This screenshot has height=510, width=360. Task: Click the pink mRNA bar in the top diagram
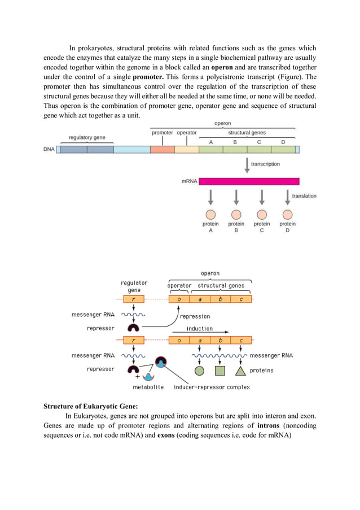point(249,181)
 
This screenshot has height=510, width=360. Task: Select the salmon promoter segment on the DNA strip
point(163,150)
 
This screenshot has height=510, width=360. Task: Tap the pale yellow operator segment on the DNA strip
point(187,150)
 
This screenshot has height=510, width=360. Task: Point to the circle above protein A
point(210,215)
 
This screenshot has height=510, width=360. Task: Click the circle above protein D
point(287,215)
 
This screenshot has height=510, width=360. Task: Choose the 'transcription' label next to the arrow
point(265,164)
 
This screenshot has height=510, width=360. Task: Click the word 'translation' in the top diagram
point(304,196)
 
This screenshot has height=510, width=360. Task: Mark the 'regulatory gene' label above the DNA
point(87,137)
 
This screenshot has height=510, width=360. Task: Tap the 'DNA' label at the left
point(49,150)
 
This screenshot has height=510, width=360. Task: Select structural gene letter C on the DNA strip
point(259,142)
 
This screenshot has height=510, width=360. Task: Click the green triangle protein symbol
point(240,371)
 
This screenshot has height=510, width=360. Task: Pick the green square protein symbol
point(220,371)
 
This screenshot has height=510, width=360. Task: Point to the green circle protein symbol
point(199,371)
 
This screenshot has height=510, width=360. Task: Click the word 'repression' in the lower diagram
point(195,316)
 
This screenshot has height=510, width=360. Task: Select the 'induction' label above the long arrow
point(200,328)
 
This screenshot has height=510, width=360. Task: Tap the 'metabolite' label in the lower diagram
point(148,387)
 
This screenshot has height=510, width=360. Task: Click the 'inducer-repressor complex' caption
point(212,387)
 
